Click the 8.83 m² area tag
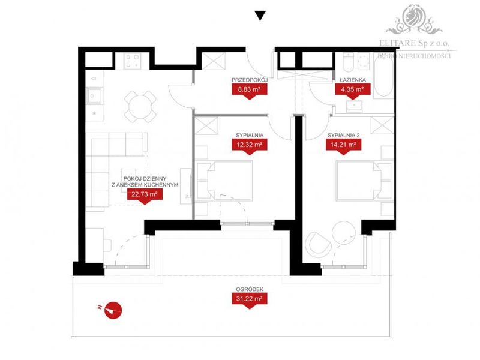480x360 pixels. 250,89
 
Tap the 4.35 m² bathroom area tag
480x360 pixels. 353,89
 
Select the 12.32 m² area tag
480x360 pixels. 250,145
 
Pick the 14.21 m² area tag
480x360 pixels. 343,145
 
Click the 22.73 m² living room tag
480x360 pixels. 145,194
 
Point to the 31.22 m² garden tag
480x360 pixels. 250,298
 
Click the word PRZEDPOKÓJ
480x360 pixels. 250,80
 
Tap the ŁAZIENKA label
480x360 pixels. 353,80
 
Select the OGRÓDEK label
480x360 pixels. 250,289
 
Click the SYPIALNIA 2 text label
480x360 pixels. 343,136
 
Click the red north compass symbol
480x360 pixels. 113,310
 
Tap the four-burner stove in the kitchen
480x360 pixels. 133,61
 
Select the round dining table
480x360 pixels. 140,107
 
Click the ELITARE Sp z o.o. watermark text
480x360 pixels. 414,43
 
